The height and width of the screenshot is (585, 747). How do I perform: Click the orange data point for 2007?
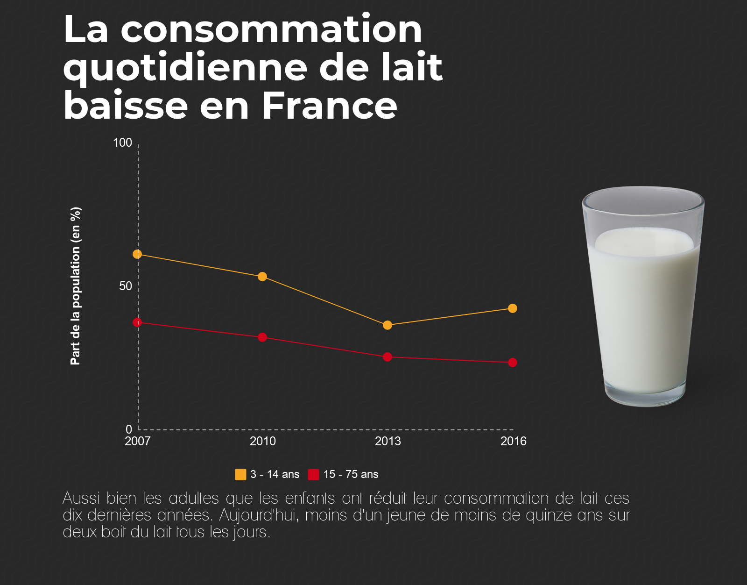[137, 254]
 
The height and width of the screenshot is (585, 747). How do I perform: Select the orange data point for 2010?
[262, 277]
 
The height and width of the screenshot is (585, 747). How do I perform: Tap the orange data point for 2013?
[388, 325]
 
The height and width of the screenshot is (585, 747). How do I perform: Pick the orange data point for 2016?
[513, 308]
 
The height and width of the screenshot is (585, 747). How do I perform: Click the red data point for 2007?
[137, 322]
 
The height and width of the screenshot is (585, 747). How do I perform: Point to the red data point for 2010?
[262, 337]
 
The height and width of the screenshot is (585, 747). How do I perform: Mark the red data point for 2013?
[388, 357]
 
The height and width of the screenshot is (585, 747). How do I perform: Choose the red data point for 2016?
[513, 363]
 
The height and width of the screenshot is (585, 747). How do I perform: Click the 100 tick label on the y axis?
[123, 143]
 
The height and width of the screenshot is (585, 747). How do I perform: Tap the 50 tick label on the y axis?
[126, 286]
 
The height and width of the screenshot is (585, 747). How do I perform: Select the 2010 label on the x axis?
[263, 441]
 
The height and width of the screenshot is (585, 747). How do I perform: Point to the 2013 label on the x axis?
[388, 441]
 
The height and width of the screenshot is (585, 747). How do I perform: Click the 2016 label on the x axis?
[514, 441]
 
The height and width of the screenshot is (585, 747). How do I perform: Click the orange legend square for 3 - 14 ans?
[240, 475]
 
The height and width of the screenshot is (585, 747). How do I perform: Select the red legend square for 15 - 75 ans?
[313, 475]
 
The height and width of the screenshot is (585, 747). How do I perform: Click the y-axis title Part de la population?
[76, 286]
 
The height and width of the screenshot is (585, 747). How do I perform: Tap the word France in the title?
[330, 106]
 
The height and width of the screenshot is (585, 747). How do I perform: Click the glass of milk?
[643, 299]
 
